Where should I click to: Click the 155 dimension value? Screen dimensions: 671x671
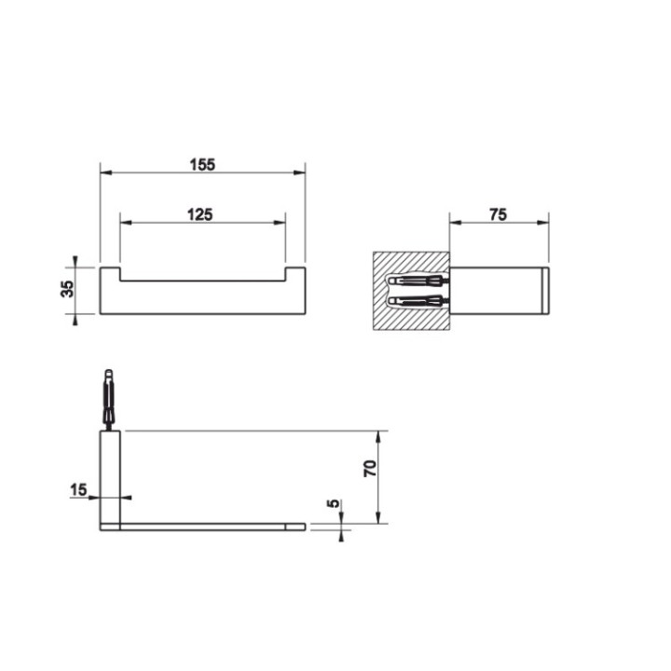pyautogui.click(x=202, y=164)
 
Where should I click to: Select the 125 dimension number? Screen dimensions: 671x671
pyautogui.click(x=200, y=213)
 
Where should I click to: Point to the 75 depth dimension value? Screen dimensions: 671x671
pyautogui.click(x=498, y=213)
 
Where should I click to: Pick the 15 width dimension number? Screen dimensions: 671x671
pyautogui.click(x=78, y=487)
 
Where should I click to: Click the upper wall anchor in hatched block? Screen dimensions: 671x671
pyautogui.click(x=417, y=281)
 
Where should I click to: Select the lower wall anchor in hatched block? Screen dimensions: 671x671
pyautogui.click(x=417, y=300)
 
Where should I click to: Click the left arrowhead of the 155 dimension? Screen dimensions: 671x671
pyautogui.click(x=104, y=173)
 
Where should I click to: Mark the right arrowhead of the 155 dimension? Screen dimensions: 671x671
pyautogui.click(x=300, y=173)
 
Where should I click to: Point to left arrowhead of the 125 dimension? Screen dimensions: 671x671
pyautogui.click(x=125, y=223)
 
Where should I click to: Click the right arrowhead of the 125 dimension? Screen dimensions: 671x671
pyautogui.click(x=280, y=223)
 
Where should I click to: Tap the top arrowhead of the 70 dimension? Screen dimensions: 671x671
pyautogui.click(x=379, y=435)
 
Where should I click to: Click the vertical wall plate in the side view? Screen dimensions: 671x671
pyautogui.click(x=110, y=477)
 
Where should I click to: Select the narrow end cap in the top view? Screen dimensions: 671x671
pyautogui.click(x=544, y=291)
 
